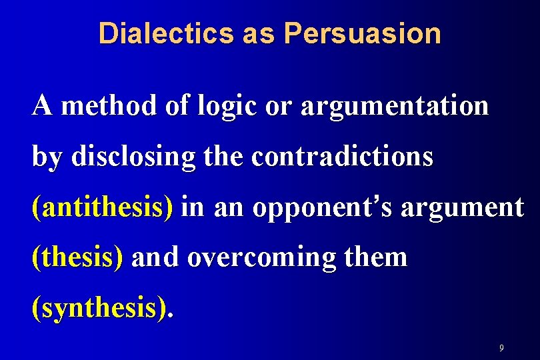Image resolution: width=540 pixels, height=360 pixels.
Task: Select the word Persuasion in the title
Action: pos(362,33)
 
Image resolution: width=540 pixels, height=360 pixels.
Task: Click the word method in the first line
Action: pos(109,105)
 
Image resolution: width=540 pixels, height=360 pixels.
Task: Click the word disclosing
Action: pos(133,157)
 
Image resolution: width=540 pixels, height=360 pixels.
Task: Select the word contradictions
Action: pos(343,157)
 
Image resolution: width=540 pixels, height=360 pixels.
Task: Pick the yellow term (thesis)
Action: pos(77,258)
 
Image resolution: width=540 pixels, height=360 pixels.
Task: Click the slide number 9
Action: pos(501,348)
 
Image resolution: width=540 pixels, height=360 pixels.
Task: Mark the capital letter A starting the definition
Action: pos(41,105)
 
